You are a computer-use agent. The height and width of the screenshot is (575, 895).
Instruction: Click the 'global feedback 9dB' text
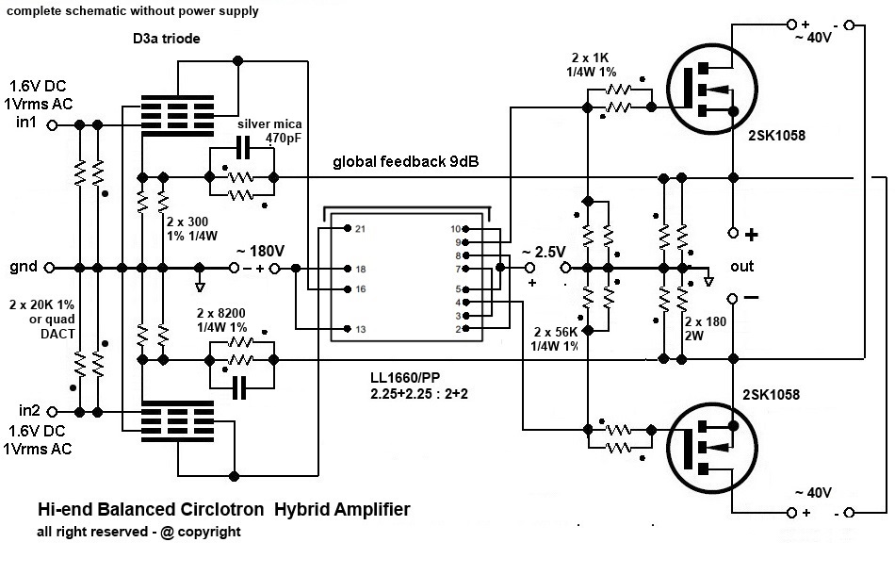405,162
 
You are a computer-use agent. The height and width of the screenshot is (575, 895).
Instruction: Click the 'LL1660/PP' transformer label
408,377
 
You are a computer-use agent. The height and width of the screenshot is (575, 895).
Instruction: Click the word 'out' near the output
742,267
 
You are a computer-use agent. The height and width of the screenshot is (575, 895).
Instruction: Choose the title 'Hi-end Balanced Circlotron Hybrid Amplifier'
223,510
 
